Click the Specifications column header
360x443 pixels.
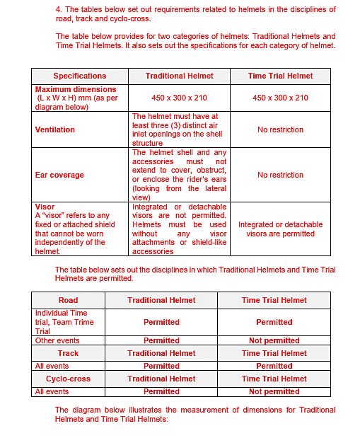[80, 76]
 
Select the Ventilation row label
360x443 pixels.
[55, 130]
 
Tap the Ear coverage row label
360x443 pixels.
[59, 175]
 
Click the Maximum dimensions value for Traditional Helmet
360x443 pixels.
[180, 98]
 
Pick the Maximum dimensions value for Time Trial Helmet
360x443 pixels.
[280, 98]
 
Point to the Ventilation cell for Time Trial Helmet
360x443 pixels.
[280, 130]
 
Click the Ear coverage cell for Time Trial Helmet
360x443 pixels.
[280, 175]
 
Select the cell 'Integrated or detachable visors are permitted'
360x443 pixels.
[280, 229]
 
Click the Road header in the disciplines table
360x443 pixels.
[68, 300]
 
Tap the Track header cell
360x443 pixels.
[68, 353]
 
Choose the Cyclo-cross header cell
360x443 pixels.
[68, 379]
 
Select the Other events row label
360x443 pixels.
[57, 340]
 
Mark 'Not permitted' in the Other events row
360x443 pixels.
[274, 340]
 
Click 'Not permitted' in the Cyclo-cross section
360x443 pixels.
[274, 391]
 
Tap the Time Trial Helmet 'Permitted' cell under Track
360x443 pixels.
[274, 366]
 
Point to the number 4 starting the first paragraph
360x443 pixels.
[57, 9]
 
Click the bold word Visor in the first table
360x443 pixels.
[45, 207]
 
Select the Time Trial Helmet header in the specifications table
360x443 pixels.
[280, 76]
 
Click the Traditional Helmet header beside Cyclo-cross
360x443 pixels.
[161, 379]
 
